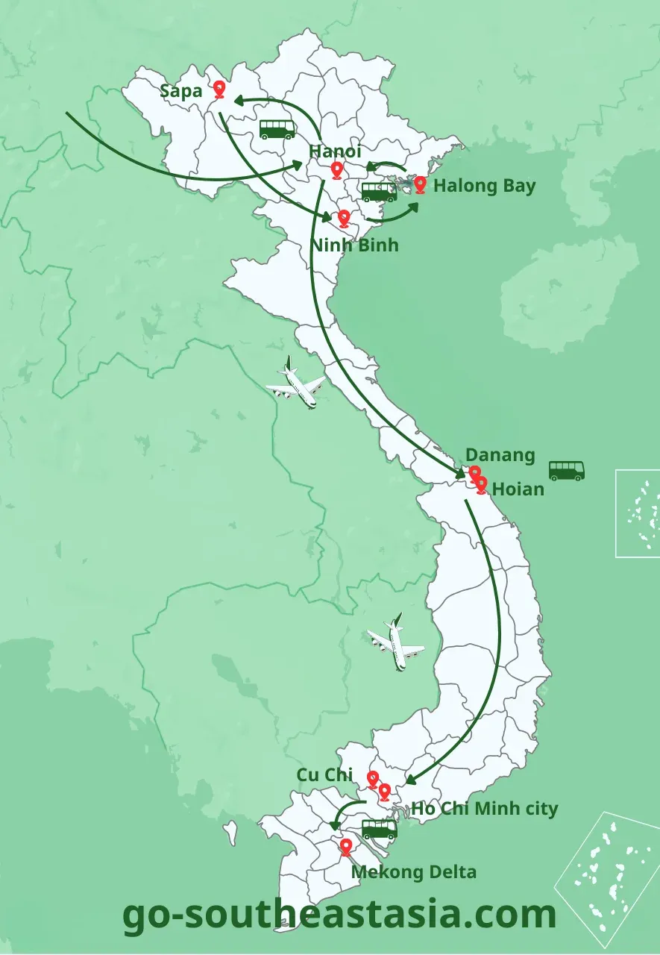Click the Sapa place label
coord(181,91)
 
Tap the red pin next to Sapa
coord(219,90)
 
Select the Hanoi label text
coord(336,151)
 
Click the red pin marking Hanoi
coord(337,171)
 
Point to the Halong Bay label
coord(484,186)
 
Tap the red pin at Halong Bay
coord(421,184)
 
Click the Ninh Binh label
coord(355,245)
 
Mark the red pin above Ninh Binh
coord(344,218)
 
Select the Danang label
coord(500,455)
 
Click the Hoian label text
coord(518,489)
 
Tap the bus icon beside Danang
coord(567,470)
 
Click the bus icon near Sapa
coord(277,130)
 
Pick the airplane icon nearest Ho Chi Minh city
coord(395,642)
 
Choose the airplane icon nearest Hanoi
coord(296,383)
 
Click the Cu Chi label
coord(324,775)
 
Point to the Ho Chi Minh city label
coord(484,808)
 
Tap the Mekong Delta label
coord(413,871)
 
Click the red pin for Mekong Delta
coord(346,848)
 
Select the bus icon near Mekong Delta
coord(379,828)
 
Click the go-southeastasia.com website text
coord(339,914)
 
